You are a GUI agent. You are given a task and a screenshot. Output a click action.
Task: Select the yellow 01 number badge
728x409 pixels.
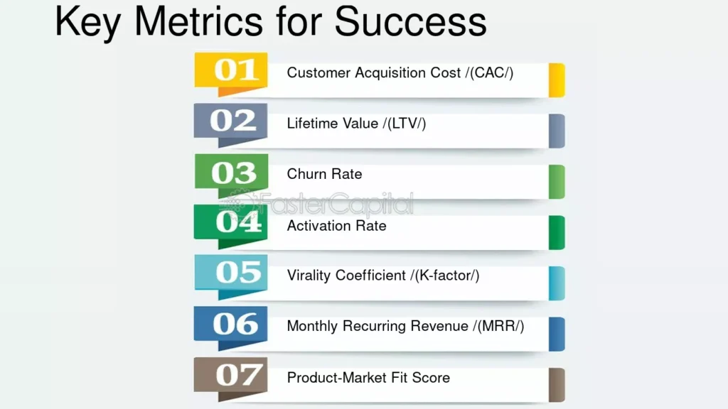tap(231, 74)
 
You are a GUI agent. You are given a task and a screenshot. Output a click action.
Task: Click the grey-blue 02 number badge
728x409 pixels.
tap(231, 124)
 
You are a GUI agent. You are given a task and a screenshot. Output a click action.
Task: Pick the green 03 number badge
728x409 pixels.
tap(231, 175)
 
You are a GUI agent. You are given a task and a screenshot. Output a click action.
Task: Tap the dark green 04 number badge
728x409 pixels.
tap(231, 226)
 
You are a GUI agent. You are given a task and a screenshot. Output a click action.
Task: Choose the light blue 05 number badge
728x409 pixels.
tap(231, 276)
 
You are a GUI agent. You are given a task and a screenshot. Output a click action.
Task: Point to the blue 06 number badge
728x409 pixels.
tap(231, 327)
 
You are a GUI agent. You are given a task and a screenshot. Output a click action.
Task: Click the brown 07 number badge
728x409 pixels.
tap(231, 378)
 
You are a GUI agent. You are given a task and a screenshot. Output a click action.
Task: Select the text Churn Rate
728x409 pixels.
tap(324, 174)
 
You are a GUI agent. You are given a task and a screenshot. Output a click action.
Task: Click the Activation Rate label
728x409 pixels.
tap(336, 226)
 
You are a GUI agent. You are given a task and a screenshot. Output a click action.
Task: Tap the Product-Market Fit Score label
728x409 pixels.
tap(369, 378)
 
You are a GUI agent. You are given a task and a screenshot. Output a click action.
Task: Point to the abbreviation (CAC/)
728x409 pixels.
tap(492, 73)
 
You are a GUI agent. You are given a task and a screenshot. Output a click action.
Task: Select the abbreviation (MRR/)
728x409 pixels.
tap(500, 326)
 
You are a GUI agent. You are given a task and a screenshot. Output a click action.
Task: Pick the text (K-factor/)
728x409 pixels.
tap(446, 276)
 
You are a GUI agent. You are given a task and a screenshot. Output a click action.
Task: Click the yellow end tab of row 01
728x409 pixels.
tap(557, 80)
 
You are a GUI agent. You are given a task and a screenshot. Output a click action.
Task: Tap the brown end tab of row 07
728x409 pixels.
tap(557, 385)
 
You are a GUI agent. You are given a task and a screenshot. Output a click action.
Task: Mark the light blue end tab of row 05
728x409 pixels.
tap(557, 283)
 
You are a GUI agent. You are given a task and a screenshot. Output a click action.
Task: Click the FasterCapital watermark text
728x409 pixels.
tap(336, 204)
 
